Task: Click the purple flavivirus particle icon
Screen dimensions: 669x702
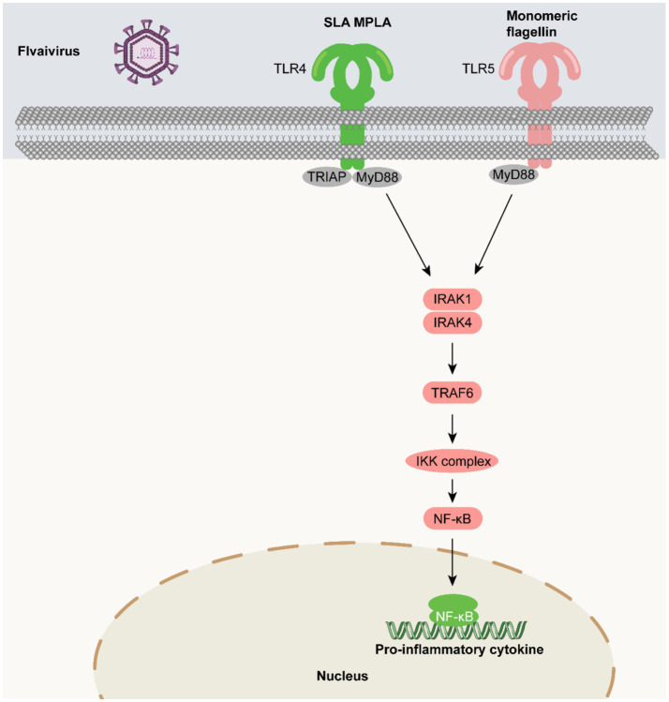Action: [x=146, y=52]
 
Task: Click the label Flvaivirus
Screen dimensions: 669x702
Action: [x=49, y=51]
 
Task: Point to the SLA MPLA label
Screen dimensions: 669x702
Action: [x=358, y=22]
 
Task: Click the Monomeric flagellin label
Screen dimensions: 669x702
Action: [x=542, y=24]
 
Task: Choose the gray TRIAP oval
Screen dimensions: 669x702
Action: [x=327, y=177]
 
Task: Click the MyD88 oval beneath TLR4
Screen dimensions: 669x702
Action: [x=378, y=178]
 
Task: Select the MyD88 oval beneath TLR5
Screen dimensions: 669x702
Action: [x=513, y=174]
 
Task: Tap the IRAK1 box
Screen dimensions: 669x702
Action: [x=453, y=299]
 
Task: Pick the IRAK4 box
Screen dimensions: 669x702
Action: [x=453, y=322]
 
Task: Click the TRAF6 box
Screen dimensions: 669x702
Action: [x=452, y=393]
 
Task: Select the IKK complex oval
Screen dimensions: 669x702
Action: [x=453, y=461]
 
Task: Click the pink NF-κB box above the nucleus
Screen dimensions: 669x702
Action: [x=453, y=519]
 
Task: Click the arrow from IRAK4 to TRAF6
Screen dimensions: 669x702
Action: [x=453, y=358]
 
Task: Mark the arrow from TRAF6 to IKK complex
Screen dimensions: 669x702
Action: [x=453, y=428]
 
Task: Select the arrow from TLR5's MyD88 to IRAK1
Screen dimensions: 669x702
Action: [x=493, y=233]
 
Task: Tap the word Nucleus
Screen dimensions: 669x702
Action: [x=342, y=676]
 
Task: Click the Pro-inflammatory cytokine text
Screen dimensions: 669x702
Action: [x=459, y=650]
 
